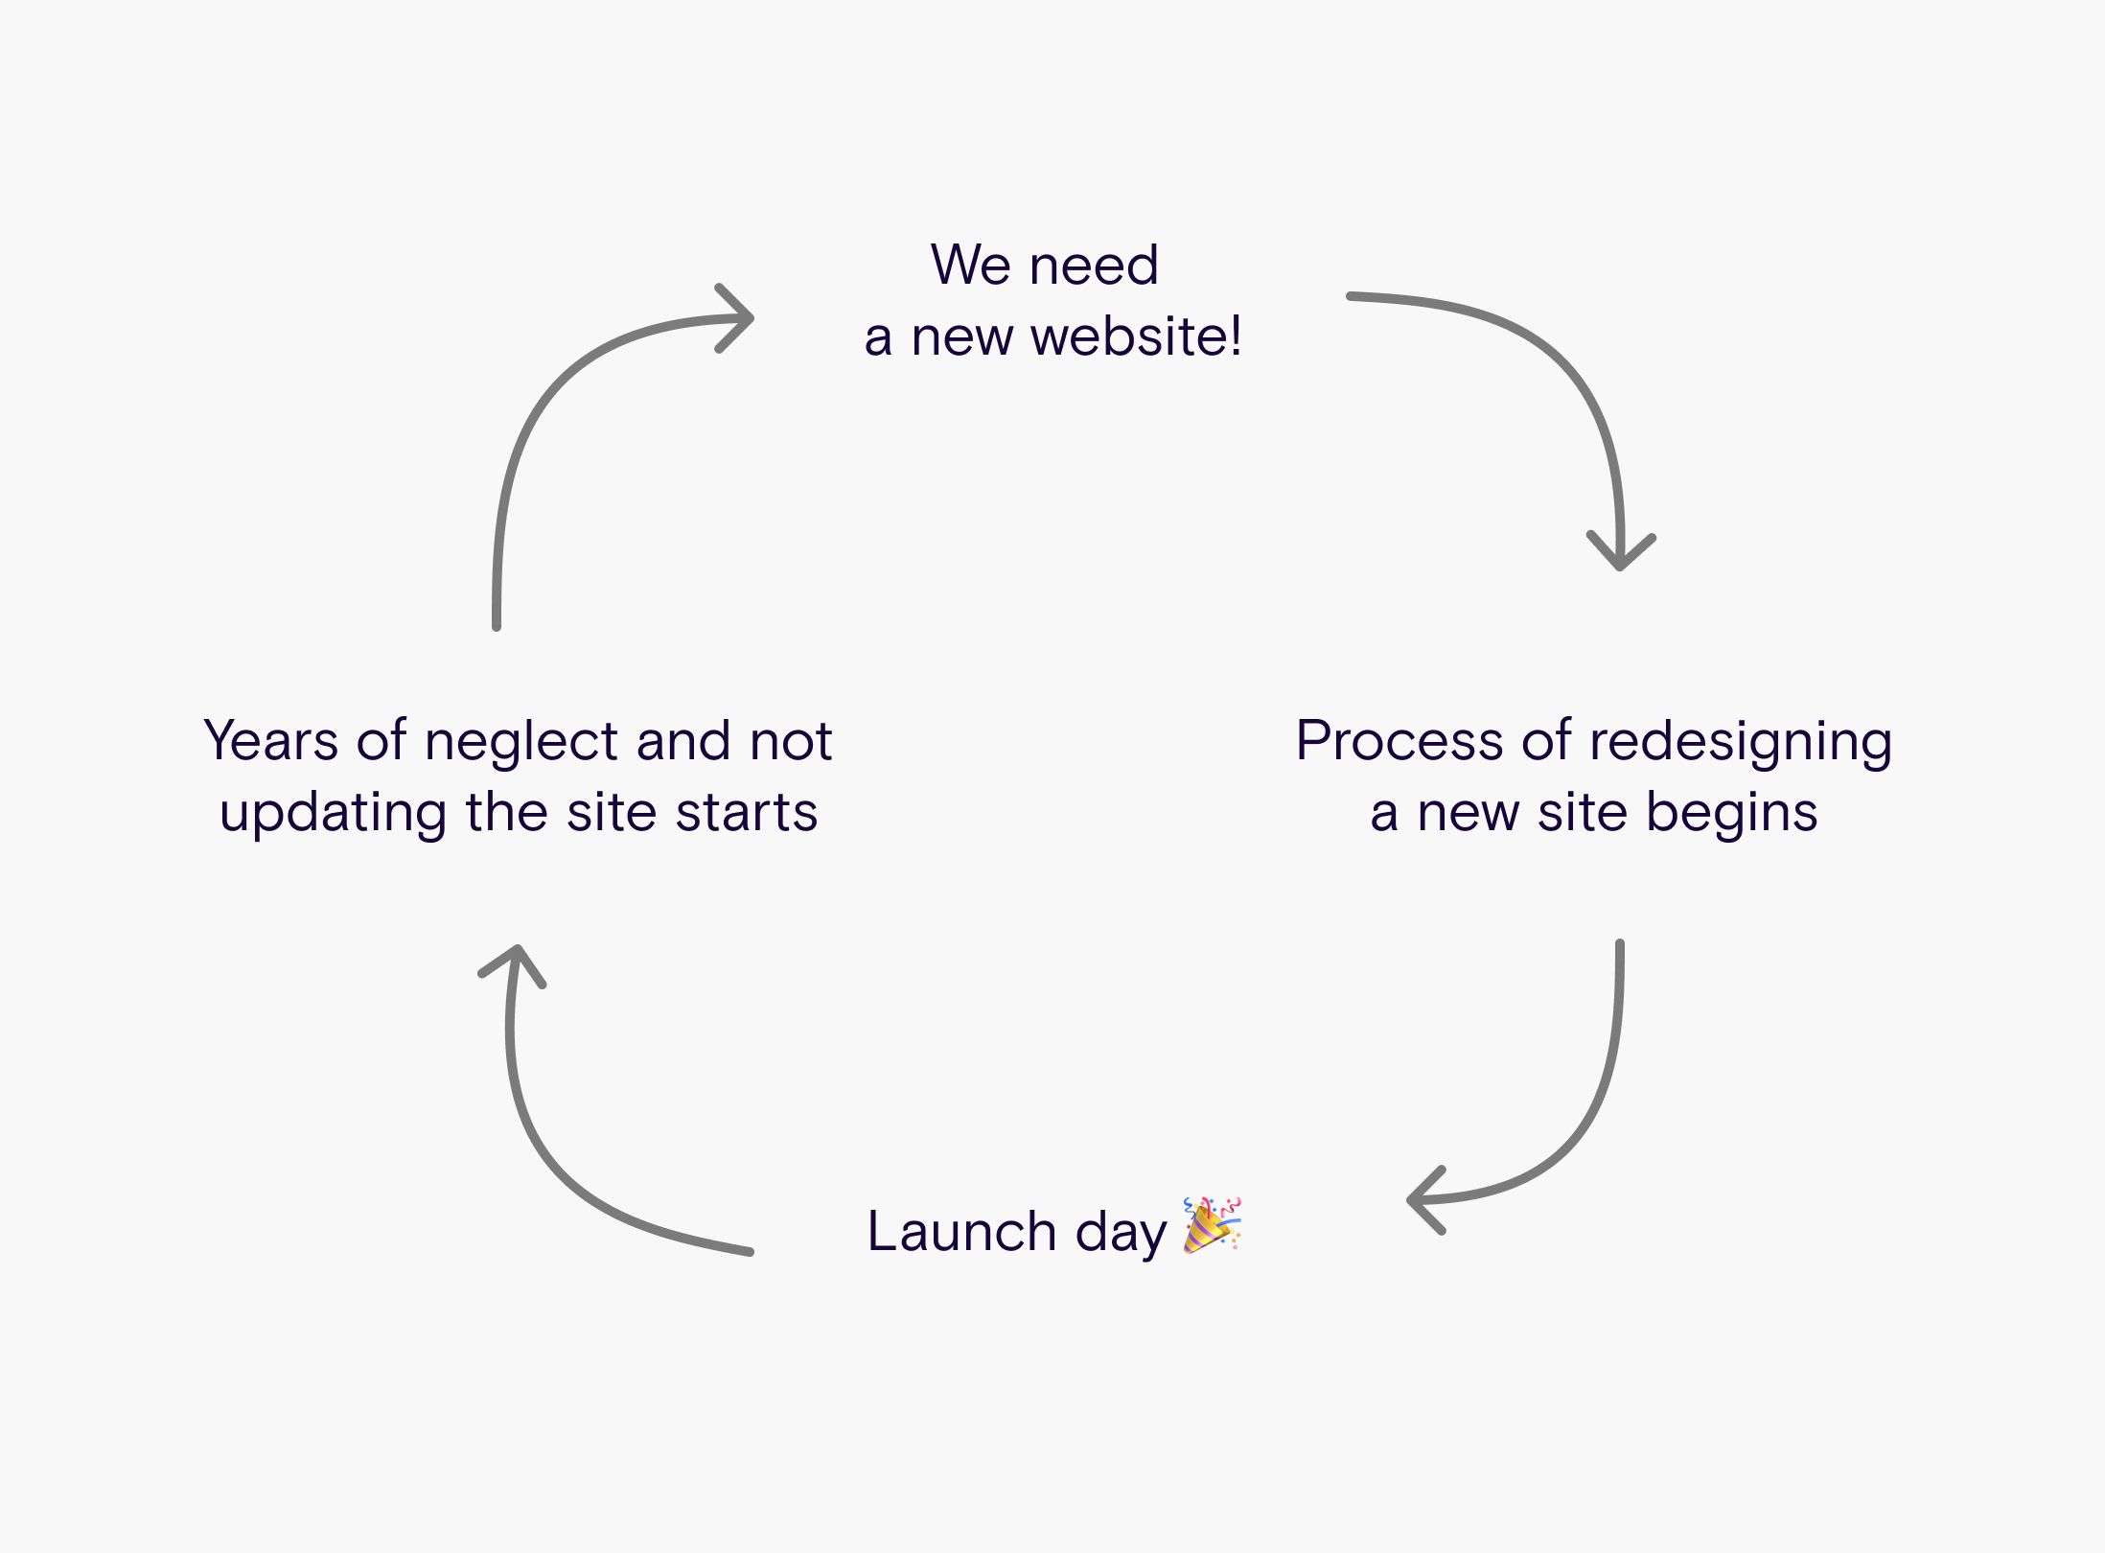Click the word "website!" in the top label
click(1136, 336)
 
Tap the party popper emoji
click(1213, 1224)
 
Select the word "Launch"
click(961, 1231)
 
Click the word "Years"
click(271, 741)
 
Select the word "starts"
click(747, 813)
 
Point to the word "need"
click(1094, 265)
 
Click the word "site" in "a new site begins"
click(1583, 813)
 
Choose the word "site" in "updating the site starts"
click(612, 813)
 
